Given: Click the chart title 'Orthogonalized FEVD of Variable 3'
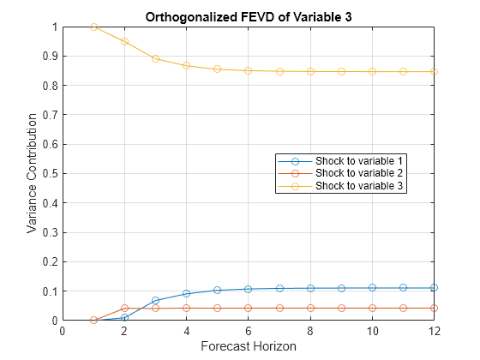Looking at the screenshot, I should [x=248, y=16].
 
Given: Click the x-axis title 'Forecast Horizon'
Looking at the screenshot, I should [x=248, y=346].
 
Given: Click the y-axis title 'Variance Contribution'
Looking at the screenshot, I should [x=32, y=174].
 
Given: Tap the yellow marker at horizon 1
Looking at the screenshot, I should [x=93, y=27].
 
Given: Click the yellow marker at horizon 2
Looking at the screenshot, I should [x=124, y=41].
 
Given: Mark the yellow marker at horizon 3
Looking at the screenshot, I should [x=155, y=58].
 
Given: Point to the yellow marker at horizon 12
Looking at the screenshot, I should [x=434, y=71].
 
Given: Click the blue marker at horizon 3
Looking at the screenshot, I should [x=155, y=300].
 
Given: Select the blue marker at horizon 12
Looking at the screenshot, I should [x=434, y=288].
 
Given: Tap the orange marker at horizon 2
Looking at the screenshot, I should [x=124, y=308].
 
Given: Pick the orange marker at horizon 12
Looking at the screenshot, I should [x=434, y=308].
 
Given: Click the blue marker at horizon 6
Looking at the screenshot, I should [x=248, y=289].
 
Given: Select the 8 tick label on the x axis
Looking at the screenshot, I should [x=310, y=332].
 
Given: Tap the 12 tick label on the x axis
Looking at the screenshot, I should [x=434, y=332].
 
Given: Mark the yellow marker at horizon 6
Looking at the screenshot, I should [x=248, y=70].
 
